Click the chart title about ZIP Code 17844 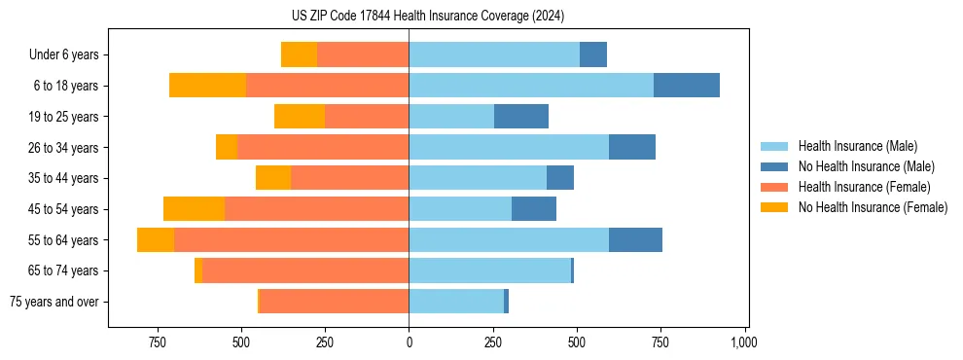(428, 16)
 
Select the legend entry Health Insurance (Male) (857, 146)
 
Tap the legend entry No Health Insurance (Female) (873, 207)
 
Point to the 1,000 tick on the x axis (744, 342)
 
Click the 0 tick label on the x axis (409, 342)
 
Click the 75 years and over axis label (53, 302)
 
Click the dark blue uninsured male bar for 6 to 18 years (687, 86)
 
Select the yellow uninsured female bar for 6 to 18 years (207, 86)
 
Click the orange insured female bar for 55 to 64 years (291, 239)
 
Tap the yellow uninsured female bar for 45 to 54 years (194, 209)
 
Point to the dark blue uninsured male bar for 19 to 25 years (521, 117)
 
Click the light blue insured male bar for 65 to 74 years (489, 270)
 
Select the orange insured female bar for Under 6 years (363, 55)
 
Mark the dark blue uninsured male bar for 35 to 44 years (560, 178)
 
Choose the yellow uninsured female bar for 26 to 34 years (227, 147)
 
